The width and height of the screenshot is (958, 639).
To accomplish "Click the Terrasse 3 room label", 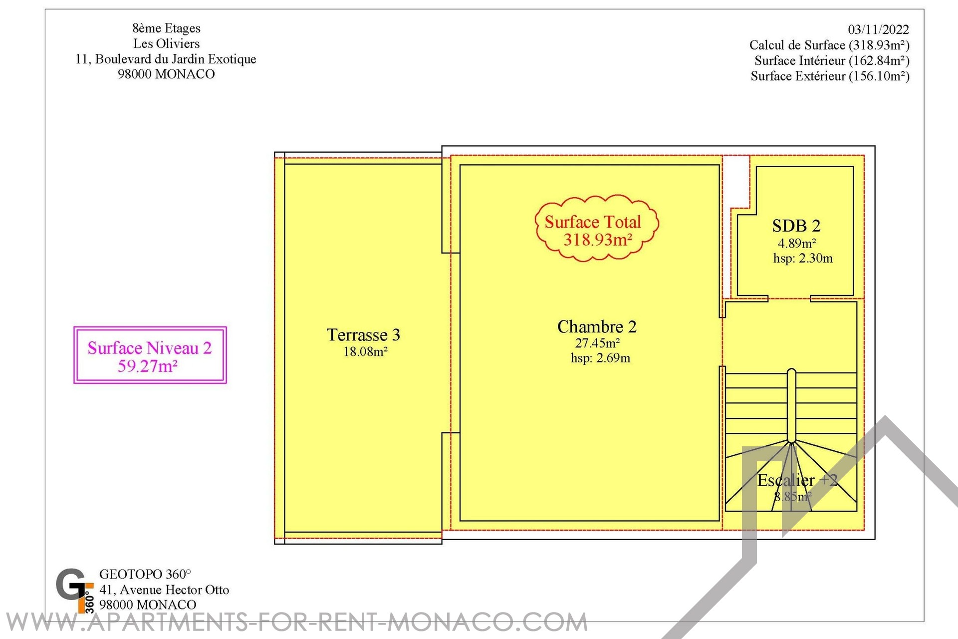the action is click(363, 334).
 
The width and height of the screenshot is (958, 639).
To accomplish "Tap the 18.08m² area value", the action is click(365, 351).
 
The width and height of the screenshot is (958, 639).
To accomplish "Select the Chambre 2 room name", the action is click(597, 326).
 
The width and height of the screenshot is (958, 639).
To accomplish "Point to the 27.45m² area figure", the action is click(597, 343).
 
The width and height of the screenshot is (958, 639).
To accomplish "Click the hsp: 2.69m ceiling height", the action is click(600, 358).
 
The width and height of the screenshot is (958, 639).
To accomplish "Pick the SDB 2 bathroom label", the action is click(796, 226).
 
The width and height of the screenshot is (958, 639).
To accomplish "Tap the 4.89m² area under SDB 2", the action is click(797, 243).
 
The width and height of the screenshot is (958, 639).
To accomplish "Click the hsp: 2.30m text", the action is click(803, 258).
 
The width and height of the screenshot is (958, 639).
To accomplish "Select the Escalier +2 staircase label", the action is click(797, 480).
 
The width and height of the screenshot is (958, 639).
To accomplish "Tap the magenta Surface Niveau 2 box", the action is click(150, 355).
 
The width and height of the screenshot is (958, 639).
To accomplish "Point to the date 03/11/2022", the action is click(878, 29).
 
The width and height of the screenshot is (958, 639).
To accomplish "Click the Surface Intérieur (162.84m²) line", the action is click(832, 60).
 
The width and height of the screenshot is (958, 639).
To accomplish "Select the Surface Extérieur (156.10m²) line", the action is click(830, 76).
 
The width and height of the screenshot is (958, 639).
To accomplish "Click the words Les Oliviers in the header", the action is click(166, 43).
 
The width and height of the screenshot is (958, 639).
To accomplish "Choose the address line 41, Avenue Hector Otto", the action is click(164, 590).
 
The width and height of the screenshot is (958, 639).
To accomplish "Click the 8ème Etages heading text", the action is click(166, 28).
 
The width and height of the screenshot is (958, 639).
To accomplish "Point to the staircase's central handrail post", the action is click(791, 406).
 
